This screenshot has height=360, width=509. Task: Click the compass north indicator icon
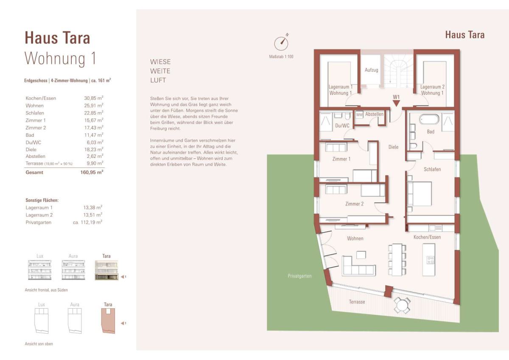(x=281, y=43)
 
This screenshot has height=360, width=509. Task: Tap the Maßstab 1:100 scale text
(x=281, y=56)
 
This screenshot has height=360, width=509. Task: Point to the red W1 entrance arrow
(x=396, y=104)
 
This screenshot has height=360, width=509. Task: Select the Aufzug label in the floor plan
(x=372, y=70)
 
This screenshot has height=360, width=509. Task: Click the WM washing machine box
(x=359, y=115)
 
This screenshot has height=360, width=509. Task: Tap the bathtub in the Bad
(x=429, y=119)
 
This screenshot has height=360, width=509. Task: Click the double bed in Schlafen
(x=420, y=194)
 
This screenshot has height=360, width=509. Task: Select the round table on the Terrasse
(x=402, y=305)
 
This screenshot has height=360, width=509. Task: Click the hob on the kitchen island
(x=431, y=260)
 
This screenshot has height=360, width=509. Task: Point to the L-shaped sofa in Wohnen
(x=358, y=266)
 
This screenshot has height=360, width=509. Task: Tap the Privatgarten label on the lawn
(x=299, y=276)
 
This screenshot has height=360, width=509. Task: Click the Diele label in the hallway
(x=393, y=147)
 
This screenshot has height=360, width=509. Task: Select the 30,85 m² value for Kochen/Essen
(x=94, y=98)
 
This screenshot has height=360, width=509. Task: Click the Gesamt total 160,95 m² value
(x=92, y=172)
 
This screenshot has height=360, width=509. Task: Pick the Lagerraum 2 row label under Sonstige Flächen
(x=39, y=215)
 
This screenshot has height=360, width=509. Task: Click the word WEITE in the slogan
(x=160, y=71)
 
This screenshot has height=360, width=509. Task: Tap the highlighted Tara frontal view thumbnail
(x=106, y=270)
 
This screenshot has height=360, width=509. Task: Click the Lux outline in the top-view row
(x=42, y=321)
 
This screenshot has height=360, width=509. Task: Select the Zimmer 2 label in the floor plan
(x=354, y=204)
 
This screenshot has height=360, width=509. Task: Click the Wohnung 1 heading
(x=60, y=59)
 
